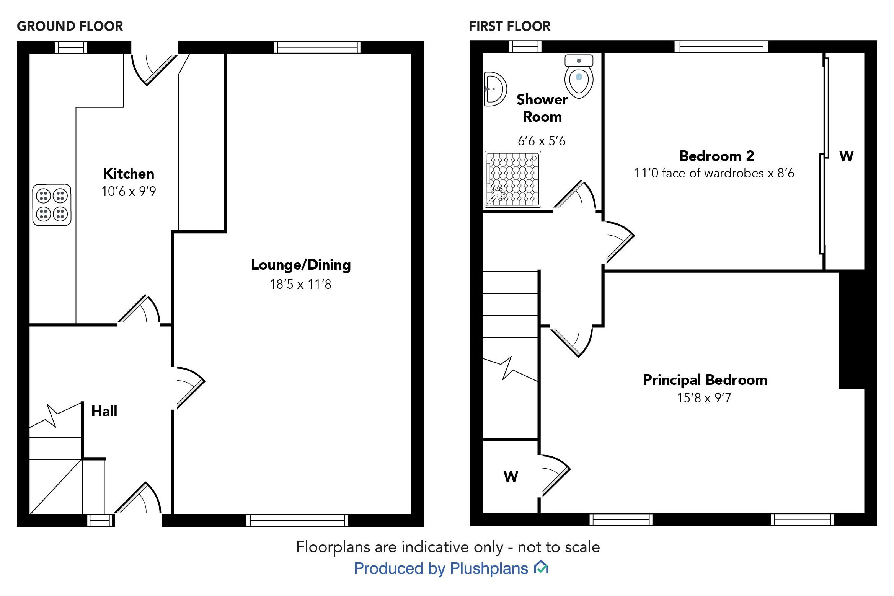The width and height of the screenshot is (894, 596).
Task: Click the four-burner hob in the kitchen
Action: click(x=52, y=205)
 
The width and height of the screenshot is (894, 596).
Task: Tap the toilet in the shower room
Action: click(x=579, y=77)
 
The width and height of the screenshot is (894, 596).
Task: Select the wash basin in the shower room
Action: click(x=494, y=89)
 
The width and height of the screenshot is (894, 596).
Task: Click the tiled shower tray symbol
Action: click(x=513, y=179)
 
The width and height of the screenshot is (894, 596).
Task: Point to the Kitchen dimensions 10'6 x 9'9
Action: click(x=129, y=191)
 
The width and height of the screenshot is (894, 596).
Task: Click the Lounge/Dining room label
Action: click(x=301, y=265)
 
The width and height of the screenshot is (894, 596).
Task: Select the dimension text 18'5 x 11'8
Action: click(x=300, y=284)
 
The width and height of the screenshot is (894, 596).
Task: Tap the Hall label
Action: click(x=104, y=411)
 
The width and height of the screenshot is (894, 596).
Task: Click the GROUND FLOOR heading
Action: click(x=70, y=26)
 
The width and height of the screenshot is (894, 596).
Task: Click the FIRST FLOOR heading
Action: click(x=509, y=26)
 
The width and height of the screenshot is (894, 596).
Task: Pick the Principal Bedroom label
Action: click(x=705, y=380)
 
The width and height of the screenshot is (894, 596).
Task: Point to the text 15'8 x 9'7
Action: click(x=704, y=398)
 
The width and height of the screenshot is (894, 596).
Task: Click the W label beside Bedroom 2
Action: click(x=846, y=156)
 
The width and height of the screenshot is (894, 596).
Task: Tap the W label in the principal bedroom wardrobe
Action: click(x=511, y=477)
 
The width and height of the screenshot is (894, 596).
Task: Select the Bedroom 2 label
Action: click(x=716, y=156)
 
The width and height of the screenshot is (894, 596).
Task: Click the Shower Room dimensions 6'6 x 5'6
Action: click(x=542, y=141)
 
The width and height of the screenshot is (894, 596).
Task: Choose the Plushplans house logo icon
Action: click(x=541, y=567)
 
